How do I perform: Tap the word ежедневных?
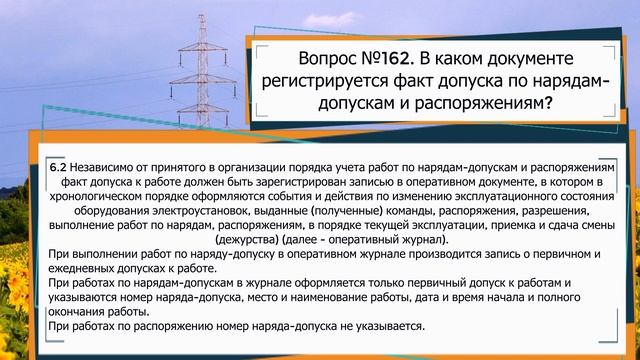click(x=88, y=270)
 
